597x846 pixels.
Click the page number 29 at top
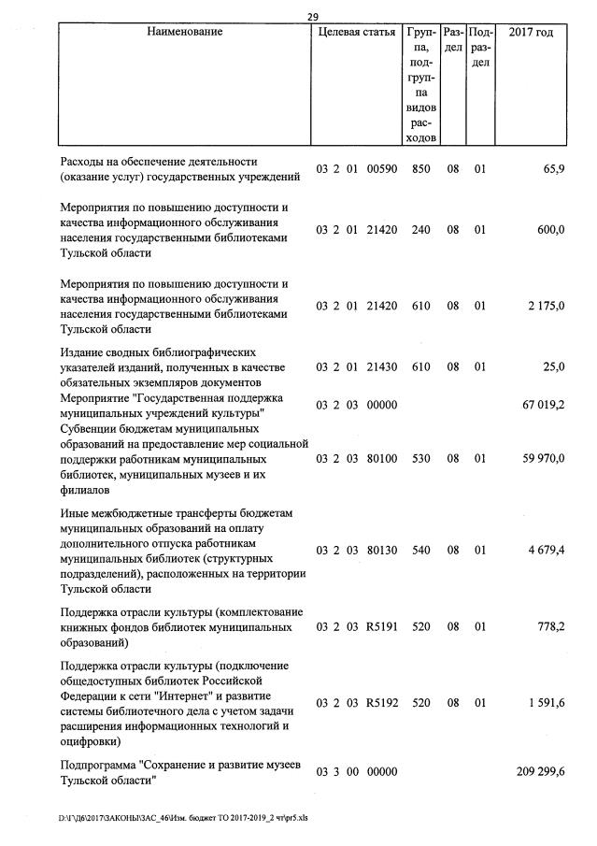pos(311,16)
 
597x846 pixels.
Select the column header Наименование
pos(184,33)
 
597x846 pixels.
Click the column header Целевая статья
pos(356,33)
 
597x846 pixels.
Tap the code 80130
pos(382,551)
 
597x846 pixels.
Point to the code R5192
pos(382,703)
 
